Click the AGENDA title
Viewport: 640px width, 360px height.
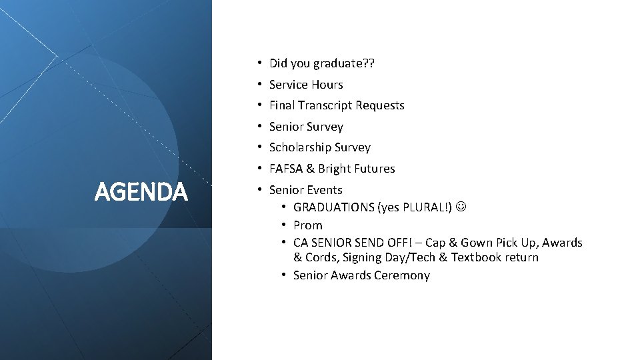click(x=141, y=192)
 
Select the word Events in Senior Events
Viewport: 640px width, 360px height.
click(x=325, y=190)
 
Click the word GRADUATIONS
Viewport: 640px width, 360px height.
click(x=333, y=207)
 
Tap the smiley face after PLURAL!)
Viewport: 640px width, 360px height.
click(x=461, y=207)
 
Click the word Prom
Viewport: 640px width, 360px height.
click(x=307, y=225)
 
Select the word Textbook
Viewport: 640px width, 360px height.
click(x=477, y=257)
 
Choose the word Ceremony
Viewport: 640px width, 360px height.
click(x=402, y=275)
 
